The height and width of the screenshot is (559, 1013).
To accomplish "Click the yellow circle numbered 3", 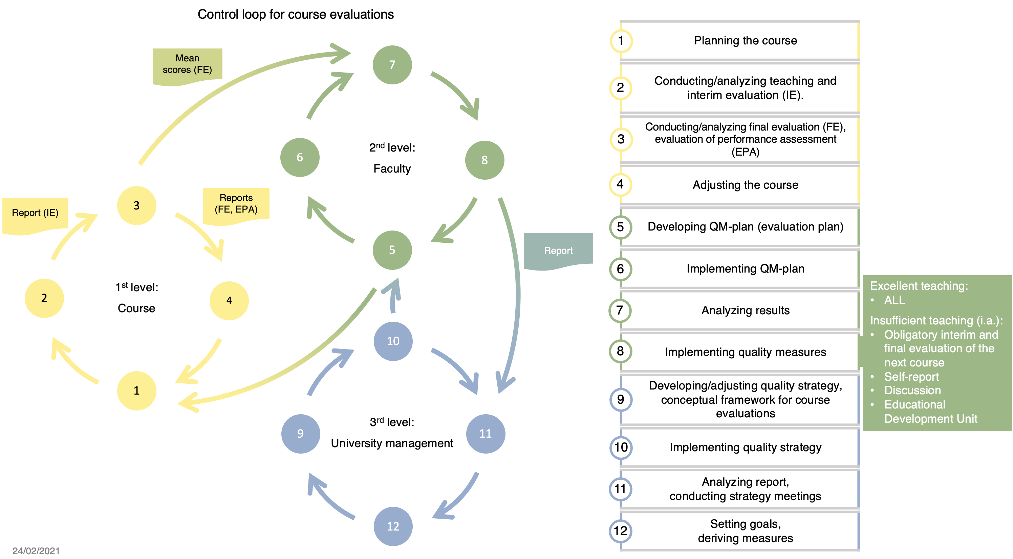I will point(136,205).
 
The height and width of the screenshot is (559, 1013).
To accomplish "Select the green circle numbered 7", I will point(392,65).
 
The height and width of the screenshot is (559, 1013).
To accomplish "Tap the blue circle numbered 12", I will point(393,526).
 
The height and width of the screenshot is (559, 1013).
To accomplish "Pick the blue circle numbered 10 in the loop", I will point(393,341).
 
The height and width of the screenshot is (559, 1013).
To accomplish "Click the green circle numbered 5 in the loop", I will point(392,250).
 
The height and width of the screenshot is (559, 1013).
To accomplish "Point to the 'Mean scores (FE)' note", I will point(188,64).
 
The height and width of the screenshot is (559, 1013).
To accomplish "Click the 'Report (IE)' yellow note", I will point(35,213).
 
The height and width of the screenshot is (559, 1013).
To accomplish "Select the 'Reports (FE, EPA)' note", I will point(236,203).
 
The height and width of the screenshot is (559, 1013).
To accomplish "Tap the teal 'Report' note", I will point(558,251).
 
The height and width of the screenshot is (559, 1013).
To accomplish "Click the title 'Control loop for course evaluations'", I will point(295,15).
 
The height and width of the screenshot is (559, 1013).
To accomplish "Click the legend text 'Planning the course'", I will point(745,41).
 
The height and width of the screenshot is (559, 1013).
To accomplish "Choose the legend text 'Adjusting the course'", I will point(745,185).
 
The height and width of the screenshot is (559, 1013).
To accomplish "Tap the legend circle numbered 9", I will point(621,400).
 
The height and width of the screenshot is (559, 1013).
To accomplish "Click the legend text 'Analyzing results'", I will point(745,311).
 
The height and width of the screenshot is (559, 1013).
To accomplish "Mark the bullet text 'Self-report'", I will point(911,377).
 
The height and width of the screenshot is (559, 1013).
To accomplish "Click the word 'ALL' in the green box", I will point(895,300).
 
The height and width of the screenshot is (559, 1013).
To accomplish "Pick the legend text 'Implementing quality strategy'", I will point(745,447).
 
